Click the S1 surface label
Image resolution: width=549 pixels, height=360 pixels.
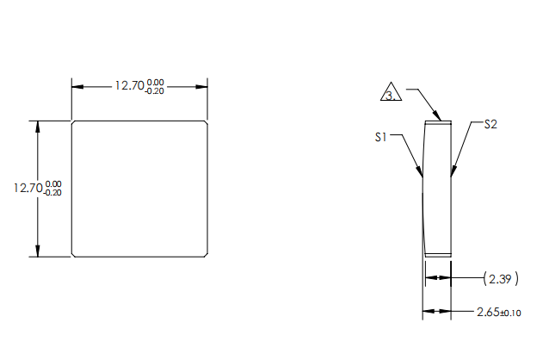pos(384,136)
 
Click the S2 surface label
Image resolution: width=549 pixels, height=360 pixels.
pos(490,124)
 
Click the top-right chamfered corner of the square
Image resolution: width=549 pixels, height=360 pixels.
pos(207,123)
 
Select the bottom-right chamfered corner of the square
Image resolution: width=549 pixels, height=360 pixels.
pos(207,254)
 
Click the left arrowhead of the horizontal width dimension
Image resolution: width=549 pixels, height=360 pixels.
pos(77,86)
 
